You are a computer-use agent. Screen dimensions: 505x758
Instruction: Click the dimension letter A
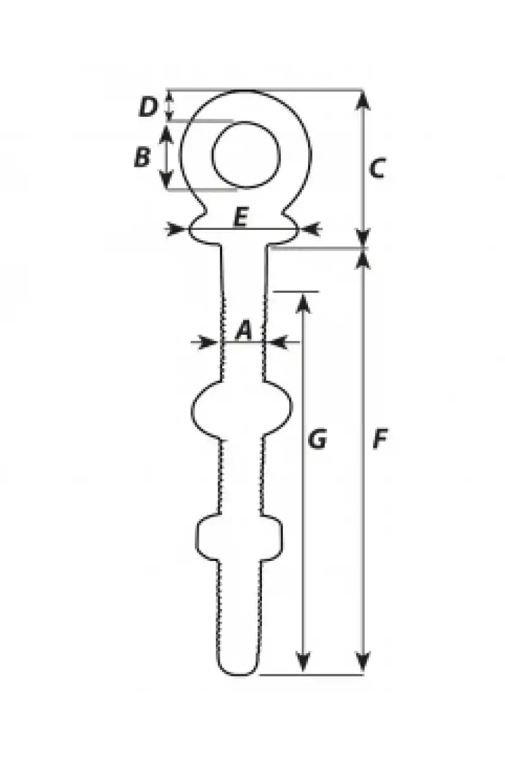[244, 330]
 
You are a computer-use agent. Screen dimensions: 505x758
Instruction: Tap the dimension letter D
[148, 107]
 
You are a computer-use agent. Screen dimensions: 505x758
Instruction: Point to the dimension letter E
[241, 217]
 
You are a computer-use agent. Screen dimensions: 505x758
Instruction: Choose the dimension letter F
[380, 439]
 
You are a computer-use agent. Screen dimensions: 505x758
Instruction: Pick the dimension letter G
[318, 439]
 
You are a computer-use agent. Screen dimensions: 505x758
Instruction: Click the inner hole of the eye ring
[246, 155]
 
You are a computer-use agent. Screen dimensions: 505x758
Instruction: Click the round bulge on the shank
[242, 410]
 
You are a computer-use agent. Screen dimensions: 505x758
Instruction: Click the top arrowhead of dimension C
[362, 100]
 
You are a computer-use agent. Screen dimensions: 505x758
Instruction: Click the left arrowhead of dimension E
[176, 229]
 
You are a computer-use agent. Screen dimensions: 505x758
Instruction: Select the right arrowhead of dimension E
[311, 229]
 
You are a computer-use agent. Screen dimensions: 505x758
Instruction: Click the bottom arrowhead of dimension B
[166, 179]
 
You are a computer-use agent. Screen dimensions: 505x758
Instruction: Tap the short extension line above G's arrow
[295, 291]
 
